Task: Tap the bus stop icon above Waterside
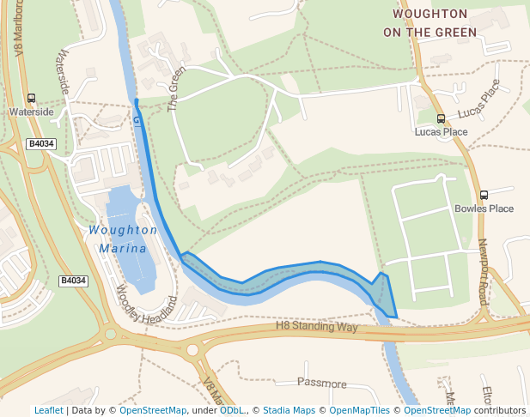click(32, 99)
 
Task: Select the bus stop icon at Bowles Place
click(484, 195)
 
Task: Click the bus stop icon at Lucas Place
click(441, 119)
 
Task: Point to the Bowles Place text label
click(484, 208)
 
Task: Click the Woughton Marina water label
click(124, 239)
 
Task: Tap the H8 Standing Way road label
click(316, 327)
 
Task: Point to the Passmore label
click(321, 383)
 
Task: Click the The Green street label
click(176, 90)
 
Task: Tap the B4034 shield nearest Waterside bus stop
click(40, 144)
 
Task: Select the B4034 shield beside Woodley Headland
click(74, 281)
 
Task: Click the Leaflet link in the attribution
click(48, 411)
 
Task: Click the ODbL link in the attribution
click(231, 411)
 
